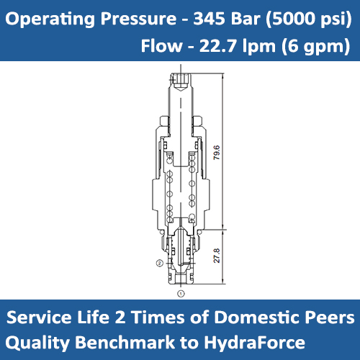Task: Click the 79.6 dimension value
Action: tap(217, 153)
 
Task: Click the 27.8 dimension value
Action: tap(217, 257)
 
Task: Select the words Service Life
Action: tap(63, 317)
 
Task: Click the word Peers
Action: tap(330, 317)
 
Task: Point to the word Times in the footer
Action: tap(165, 317)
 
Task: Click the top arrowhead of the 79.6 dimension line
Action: tap(223, 74)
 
